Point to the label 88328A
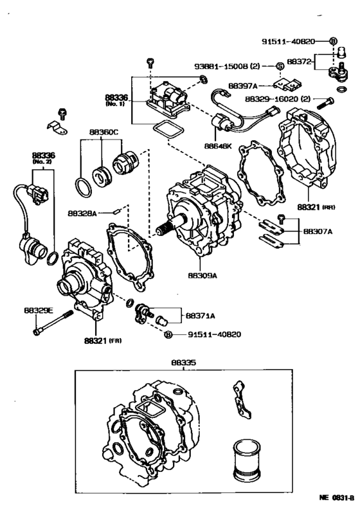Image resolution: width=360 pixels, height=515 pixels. coord(82,212)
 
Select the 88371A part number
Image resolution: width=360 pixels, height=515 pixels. coord(201,316)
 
